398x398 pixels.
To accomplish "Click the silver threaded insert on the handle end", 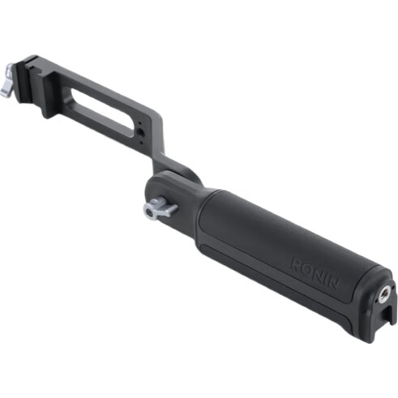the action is [x=383, y=296].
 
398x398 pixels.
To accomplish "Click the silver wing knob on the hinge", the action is [x=160, y=209].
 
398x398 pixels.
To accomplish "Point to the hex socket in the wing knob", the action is [x=149, y=213].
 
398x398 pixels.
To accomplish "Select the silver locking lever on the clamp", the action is [x=6, y=81].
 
